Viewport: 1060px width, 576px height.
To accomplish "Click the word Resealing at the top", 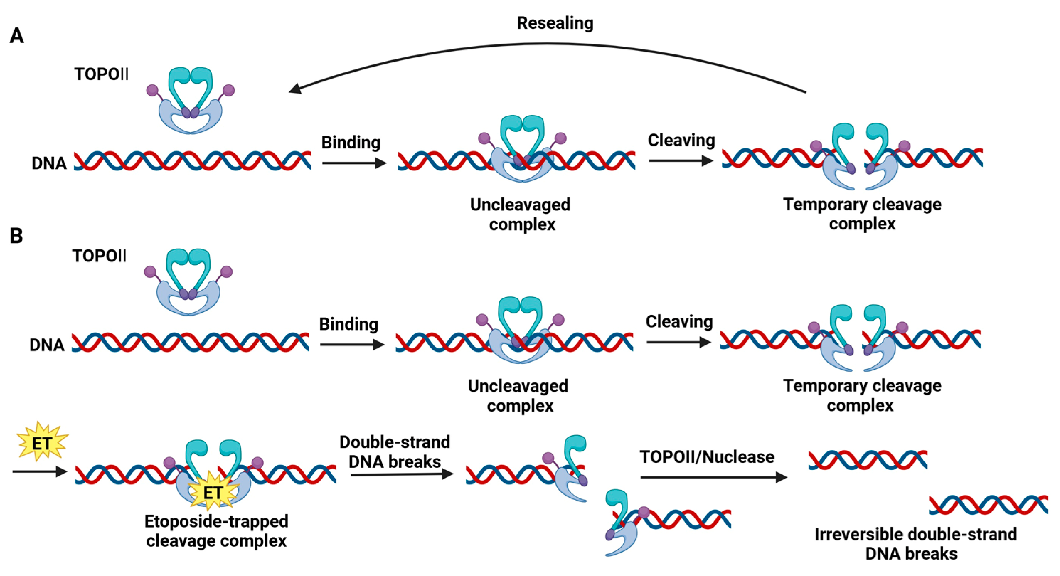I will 555,23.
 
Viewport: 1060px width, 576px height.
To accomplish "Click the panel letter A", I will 16,36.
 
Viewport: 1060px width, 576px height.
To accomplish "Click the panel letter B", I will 16,236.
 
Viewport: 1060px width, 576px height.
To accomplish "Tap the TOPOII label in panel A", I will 101,74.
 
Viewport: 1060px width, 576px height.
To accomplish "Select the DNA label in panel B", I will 47,345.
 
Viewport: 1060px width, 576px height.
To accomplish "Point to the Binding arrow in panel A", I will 354,163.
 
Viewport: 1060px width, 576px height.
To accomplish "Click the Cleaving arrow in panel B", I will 678,342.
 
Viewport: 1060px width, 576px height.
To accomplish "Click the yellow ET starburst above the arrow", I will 42,443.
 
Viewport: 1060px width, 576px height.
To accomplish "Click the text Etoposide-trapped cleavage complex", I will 217,531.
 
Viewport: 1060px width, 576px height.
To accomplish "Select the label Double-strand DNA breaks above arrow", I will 395,452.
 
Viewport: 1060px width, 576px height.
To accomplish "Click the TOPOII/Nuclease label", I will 707,457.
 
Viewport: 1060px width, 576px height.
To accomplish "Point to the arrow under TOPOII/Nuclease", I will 713,477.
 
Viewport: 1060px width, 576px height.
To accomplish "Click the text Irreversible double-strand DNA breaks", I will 915,544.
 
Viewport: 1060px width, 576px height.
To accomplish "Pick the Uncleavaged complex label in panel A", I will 520,215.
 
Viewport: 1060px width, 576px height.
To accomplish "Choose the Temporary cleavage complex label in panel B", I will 862,396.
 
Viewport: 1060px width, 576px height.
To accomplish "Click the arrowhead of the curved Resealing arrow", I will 295,89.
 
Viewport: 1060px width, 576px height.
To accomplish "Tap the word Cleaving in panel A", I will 681,141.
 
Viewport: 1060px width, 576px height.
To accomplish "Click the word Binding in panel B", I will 348,324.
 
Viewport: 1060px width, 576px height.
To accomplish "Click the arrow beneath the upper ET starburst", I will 39,471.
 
